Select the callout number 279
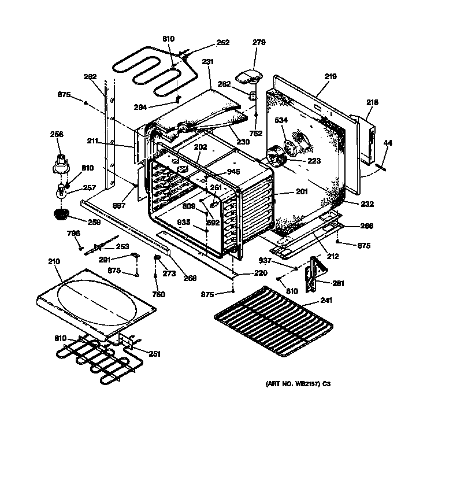[x=259, y=42]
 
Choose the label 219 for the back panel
[x=331, y=76]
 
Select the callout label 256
[x=56, y=134]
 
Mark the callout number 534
[x=281, y=121]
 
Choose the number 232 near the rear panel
[x=367, y=204]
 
